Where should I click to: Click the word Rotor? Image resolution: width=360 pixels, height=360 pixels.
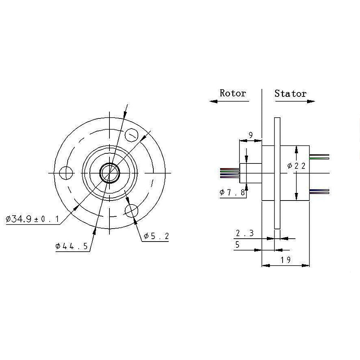click(x=233, y=93)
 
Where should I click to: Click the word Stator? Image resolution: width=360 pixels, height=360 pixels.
click(x=290, y=94)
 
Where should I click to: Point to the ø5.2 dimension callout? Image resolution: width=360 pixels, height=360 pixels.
click(x=156, y=236)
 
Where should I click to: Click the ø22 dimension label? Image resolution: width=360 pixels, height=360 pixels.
click(x=297, y=166)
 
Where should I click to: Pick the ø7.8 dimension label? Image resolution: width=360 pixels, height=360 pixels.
click(x=232, y=193)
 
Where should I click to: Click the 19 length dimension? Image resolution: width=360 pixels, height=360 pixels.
click(x=286, y=259)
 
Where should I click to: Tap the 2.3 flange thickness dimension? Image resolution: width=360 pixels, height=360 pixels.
click(x=245, y=233)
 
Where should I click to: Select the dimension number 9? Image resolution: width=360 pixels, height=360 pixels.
click(x=250, y=135)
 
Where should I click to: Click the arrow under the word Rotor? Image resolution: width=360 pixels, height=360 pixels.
click(x=229, y=101)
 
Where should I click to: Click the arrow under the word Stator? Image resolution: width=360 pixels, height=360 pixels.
click(x=295, y=102)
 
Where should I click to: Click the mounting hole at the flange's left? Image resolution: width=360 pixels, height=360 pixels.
click(x=66, y=173)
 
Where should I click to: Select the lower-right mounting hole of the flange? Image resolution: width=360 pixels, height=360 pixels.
click(x=131, y=210)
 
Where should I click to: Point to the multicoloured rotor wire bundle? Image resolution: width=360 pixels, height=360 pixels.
click(x=230, y=173)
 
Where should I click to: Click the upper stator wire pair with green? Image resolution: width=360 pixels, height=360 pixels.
click(x=319, y=156)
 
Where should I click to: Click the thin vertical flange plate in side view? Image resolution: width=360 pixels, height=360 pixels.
click(x=277, y=173)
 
